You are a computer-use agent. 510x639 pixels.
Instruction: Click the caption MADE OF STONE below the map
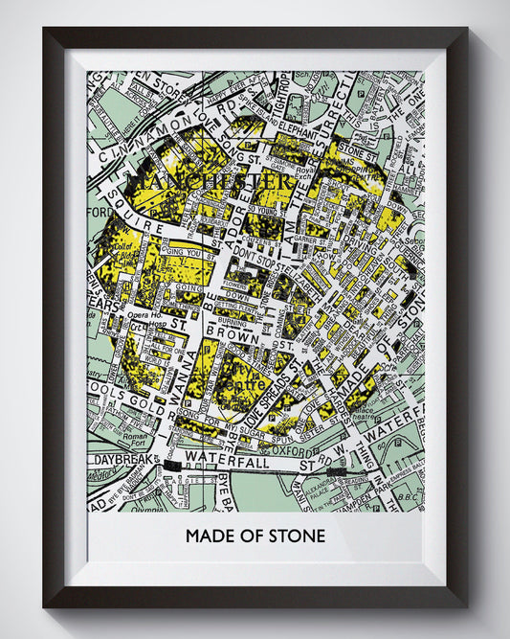coord(255,536)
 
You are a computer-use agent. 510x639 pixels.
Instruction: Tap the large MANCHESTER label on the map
coord(211,180)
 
